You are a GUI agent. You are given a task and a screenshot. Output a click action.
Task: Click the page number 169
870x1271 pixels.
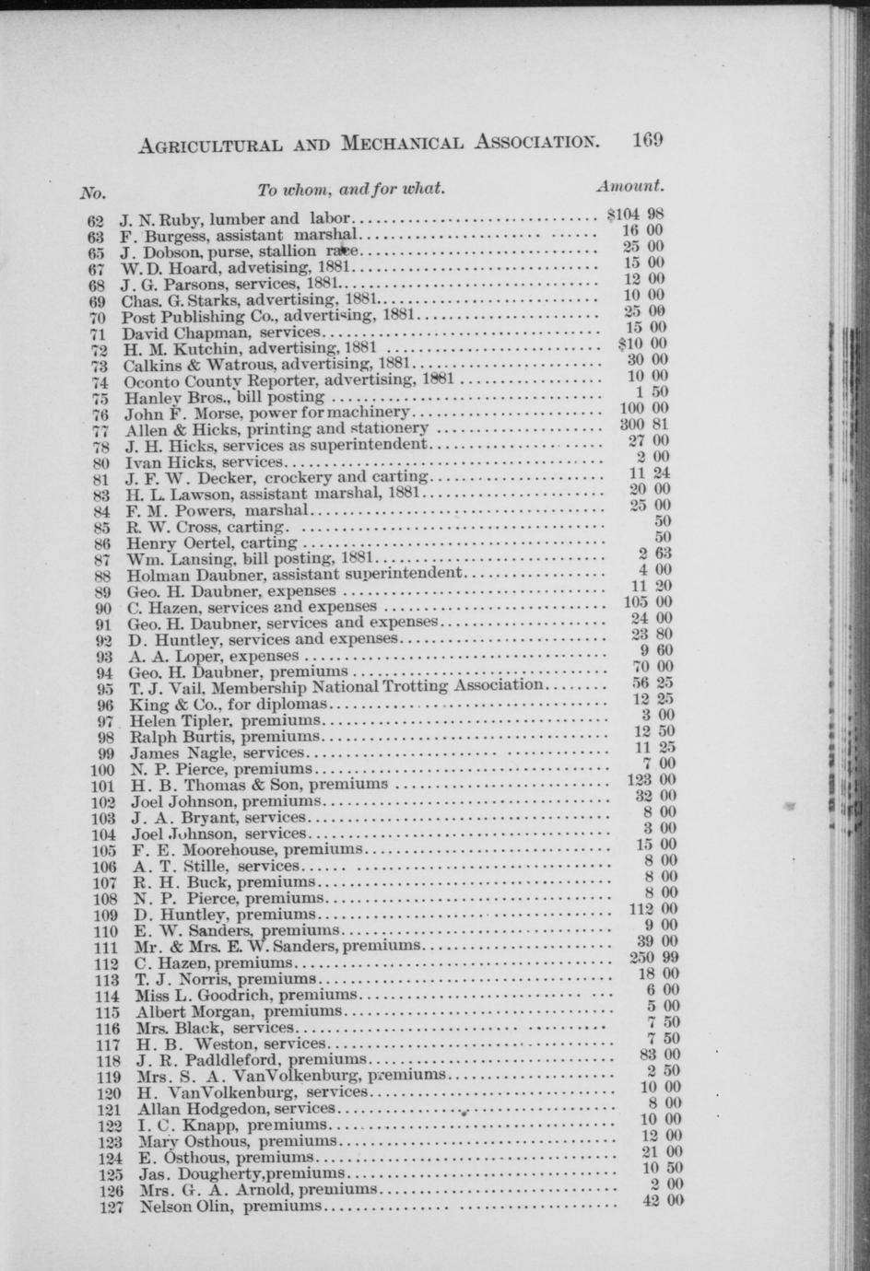pyautogui.click(x=648, y=141)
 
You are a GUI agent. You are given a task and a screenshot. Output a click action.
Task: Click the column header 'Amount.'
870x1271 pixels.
pyautogui.click(x=630, y=186)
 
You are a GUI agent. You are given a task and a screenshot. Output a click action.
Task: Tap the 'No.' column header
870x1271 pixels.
pyautogui.click(x=93, y=193)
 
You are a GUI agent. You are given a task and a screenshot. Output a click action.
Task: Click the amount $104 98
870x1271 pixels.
pyautogui.click(x=636, y=215)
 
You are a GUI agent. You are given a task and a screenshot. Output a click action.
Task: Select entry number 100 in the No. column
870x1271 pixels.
pyautogui.click(x=103, y=770)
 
